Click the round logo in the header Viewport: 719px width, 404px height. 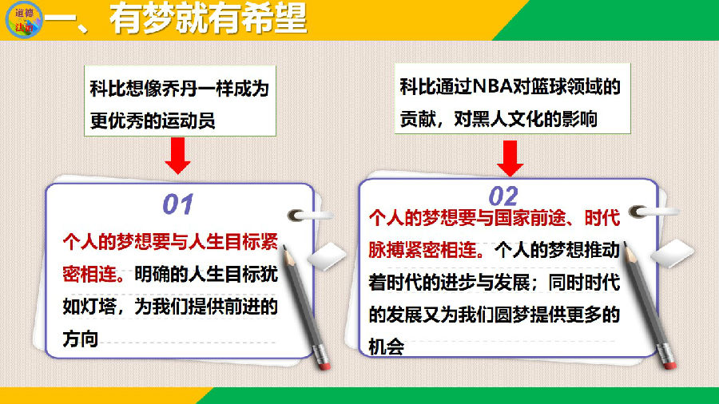point(24,20)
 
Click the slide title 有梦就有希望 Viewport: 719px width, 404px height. point(208,19)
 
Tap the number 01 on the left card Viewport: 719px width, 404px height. point(178,204)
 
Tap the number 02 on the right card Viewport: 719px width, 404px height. point(503,196)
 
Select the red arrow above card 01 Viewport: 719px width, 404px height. point(178,155)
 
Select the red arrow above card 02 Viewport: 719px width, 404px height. point(510,158)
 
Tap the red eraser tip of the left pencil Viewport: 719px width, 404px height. point(324,366)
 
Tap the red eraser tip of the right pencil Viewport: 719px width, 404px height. point(670,365)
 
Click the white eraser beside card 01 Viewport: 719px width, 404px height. point(327,256)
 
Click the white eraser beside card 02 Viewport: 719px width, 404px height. point(672,253)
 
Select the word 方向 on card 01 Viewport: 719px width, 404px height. point(80,339)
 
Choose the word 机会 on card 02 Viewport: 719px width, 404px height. point(386,347)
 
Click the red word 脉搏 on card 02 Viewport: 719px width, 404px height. point(387,251)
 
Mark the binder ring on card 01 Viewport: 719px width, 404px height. point(309,215)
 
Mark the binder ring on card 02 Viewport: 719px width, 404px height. point(653,211)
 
